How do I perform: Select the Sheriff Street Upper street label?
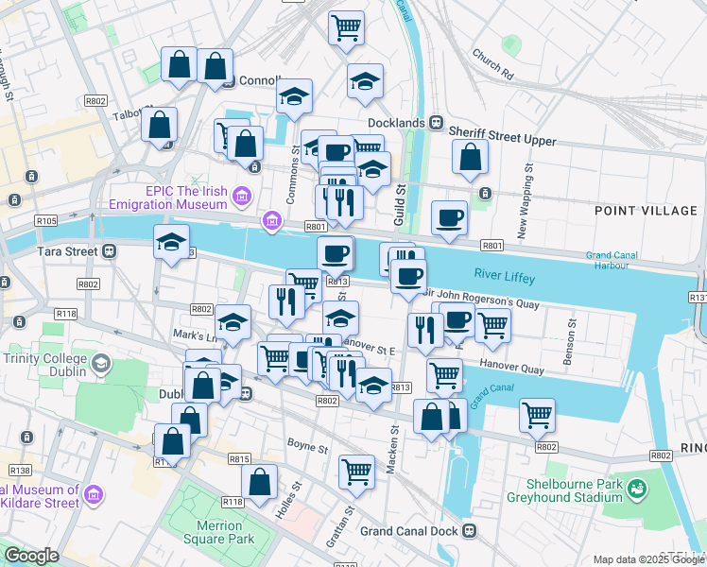(x=502, y=140)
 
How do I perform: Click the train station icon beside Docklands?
(x=437, y=123)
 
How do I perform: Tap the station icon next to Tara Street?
(x=110, y=251)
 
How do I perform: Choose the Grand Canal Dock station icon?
(x=469, y=531)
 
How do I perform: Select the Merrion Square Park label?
(x=226, y=532)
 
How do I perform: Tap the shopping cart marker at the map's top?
(x=347, y=26)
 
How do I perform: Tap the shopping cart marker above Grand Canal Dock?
(x=356, y=470)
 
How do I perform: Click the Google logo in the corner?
(x=31, y=556)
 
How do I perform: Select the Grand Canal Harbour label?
(x=612, y=260)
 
